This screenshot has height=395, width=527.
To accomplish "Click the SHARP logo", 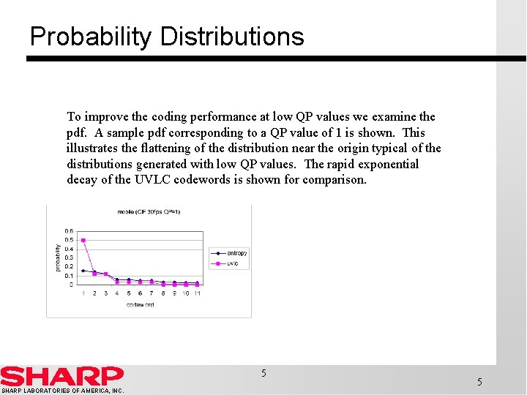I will click(61, 376).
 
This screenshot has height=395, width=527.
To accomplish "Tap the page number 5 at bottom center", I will click(263, 374).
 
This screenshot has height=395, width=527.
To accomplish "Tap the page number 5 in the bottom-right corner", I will click(479, 382).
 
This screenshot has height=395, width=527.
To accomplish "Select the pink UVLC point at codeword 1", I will click(83, 240).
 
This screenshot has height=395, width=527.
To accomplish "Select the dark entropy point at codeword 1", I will click(83, 271).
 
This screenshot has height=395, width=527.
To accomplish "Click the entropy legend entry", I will click(236, 253).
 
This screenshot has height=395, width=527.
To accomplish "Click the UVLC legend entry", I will click(233, 263).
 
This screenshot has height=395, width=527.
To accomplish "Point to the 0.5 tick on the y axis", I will click(68, 240).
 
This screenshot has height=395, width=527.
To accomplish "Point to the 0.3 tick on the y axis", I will click(68, 257).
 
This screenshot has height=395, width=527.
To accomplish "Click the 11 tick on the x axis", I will click(197, 293).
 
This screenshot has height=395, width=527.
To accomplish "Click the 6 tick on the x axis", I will click(140, 293).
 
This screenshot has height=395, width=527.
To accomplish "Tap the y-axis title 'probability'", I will click(59, 257).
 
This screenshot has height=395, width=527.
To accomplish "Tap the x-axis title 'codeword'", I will click(140, 304).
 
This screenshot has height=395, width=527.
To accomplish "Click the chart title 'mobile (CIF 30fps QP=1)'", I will click(149, 212).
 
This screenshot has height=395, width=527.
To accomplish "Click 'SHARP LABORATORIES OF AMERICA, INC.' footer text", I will click(62, 391).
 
